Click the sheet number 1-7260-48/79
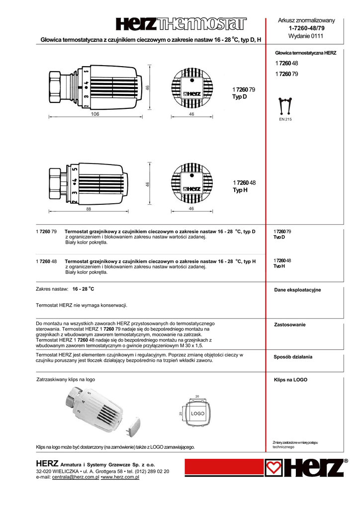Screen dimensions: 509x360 pos(306,28)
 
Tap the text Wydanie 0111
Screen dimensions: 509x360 pos(306,36)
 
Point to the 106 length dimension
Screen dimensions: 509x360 pos(95,114)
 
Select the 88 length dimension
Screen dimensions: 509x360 pos(89,209)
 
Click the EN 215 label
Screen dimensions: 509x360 pos(285,119)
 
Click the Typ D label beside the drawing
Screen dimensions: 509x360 pos(239,96)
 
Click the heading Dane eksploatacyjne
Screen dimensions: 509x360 pos(298,290)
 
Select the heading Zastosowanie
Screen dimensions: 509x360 pos(290,325)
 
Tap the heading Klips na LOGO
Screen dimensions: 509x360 pos(291,380)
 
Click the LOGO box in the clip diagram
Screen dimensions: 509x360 pos(198,414)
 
